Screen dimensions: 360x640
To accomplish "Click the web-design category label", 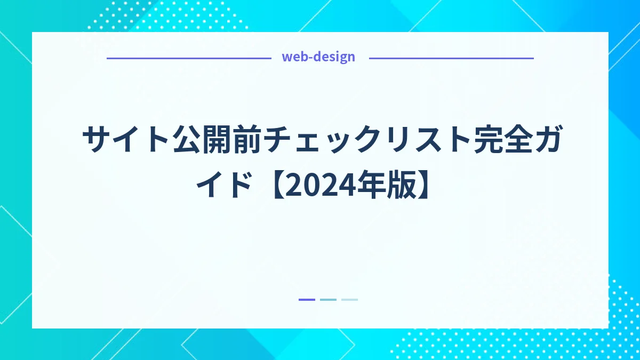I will pyautogui.click(x=318, y=57).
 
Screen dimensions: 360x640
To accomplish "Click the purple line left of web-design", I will pyautogui.click(x=189, y=58).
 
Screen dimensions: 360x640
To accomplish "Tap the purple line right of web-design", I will pyautogui.click(x=451, y=58).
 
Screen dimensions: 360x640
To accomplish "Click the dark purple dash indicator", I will pyautogui.click(x=307, y=300).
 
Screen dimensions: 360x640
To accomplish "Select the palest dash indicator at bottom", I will pyautogui.click(x=349, y=300).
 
